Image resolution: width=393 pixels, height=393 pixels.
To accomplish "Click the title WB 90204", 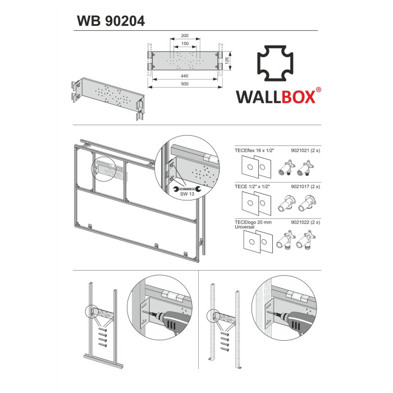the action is tap(111, 21).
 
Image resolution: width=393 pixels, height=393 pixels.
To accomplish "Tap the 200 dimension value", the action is tap(185, 35).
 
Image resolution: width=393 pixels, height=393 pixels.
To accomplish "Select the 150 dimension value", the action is tap(185, 44).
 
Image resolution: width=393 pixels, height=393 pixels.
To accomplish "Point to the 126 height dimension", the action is tap(227, 61).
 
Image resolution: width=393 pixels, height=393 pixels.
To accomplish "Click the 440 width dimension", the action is tap(185, 76).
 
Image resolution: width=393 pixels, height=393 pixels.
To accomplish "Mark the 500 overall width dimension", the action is tap(185, 84).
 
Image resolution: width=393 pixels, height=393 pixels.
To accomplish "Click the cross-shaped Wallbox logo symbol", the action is tap(275, 63).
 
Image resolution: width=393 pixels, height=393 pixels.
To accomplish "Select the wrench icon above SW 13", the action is tap(187, 189).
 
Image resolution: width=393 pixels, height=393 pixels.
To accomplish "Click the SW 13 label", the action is tap(187, 194).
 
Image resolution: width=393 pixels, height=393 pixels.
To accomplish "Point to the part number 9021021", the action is tap(300, 150).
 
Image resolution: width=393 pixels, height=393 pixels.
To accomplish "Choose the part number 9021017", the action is tap(300, 186).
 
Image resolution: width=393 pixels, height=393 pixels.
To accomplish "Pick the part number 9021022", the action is tap(300, 222).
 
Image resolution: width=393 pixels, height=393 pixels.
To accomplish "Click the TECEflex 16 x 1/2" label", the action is tap(254, 150).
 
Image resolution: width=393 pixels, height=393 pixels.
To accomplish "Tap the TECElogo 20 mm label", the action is tap(253, 222).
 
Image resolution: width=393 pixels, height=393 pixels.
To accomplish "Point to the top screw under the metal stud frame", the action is tap(103, 330).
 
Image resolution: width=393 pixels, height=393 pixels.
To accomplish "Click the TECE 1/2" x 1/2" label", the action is tap(252, 186).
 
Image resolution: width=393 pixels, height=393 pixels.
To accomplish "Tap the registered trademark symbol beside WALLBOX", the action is tap(318, 90).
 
